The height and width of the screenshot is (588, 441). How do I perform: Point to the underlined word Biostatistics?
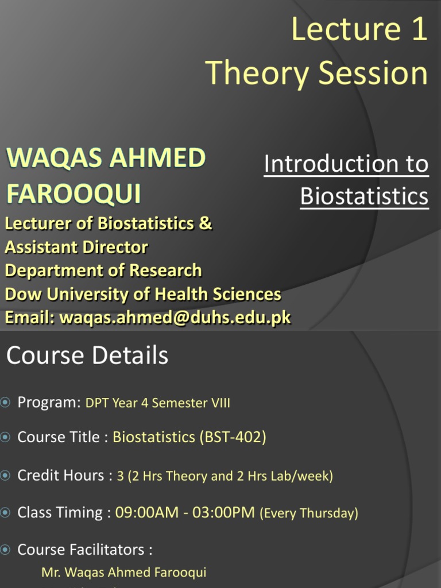pos(364,196)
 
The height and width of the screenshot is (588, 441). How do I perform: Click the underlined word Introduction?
pos(330,164)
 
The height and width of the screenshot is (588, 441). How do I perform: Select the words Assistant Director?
pos(76,247)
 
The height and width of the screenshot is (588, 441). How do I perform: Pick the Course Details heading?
pos(87,356)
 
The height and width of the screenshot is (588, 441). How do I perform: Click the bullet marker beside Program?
pos(5,403)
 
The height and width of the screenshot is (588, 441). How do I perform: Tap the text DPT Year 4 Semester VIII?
pos(157,403)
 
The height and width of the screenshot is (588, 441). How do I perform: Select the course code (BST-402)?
pos(233,438)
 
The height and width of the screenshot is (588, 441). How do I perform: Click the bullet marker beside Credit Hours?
pos(5,475)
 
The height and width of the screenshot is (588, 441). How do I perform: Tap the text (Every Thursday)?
pos(309,513)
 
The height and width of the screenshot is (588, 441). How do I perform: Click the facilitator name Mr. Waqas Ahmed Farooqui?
pos(123,572)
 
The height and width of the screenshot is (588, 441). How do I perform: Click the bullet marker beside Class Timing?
pos(5,512)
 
